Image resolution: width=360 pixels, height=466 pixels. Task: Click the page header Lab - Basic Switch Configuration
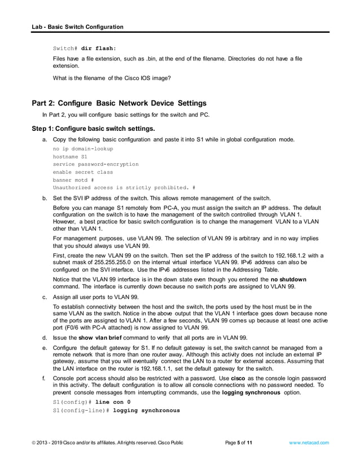click(x=77, y=27)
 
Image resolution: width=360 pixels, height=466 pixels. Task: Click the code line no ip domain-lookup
click(x=83, y=148)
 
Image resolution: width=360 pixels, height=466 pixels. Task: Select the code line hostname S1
click(x=69, y=156)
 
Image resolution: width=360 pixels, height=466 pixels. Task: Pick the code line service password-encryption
click(x=95, y=164)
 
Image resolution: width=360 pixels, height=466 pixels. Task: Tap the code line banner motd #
click(x=73, y=180)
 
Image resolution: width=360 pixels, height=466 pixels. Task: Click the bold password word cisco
click(x=238, y=378)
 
